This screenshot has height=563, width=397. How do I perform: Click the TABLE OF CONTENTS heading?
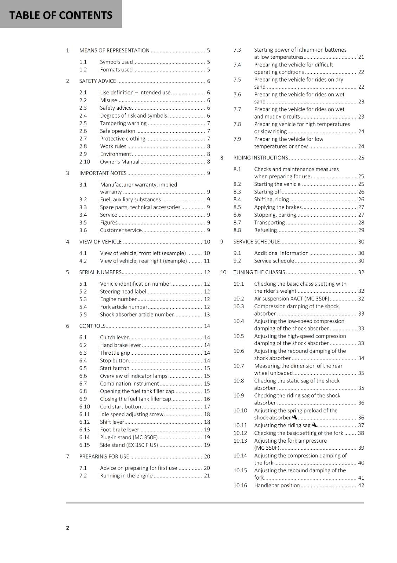61,15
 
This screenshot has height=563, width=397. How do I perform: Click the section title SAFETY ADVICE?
97,81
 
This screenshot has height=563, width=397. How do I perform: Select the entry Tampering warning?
123,123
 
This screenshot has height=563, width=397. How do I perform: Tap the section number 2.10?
84,162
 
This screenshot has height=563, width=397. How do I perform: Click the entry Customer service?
121,230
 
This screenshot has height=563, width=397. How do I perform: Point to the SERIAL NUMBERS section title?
100,272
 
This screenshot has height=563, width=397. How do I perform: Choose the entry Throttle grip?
115,353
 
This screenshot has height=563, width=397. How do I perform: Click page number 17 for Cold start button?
207,406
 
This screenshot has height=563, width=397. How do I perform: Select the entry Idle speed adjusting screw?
131,414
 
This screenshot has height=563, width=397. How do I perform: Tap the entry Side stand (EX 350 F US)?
129,445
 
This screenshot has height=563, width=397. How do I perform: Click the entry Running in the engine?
126,475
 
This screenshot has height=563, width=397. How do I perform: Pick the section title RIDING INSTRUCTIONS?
260,158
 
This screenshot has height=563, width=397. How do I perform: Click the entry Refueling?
265,230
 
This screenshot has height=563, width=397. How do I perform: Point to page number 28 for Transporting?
361,222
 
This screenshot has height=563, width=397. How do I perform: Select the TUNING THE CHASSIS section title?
259,272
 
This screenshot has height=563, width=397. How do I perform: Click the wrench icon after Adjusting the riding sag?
314,425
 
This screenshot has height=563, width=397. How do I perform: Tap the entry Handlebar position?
277,485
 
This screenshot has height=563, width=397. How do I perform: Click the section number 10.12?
240,433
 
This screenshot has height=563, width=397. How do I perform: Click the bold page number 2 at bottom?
67,527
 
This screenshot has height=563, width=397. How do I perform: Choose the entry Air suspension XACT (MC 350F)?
292,298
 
